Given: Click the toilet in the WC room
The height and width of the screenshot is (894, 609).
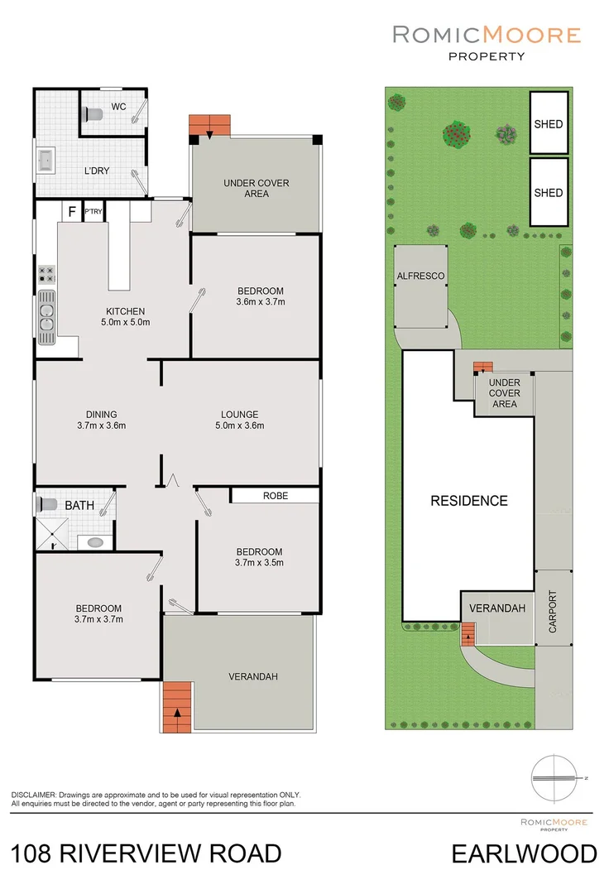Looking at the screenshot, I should [94, 114].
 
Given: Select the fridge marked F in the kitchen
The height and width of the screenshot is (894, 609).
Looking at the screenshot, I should [72, 212].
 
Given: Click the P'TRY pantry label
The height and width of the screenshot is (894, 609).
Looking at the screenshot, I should [92, 212].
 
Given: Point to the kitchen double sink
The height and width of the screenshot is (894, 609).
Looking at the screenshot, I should [46, 318].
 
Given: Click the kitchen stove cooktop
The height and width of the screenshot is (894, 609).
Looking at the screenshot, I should [46, 275].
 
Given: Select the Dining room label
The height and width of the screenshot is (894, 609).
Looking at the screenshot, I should [101, 415].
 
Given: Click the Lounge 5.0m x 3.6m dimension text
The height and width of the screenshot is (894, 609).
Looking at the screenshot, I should [240, 426].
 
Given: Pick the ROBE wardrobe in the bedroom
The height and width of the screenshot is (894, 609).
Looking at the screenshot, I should [275, 495].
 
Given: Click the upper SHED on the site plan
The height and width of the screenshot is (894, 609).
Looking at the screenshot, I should [548, 124].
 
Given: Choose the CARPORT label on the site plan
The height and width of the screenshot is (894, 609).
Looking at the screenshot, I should [554, 612].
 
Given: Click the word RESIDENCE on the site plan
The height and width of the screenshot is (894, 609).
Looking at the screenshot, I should [469, 500].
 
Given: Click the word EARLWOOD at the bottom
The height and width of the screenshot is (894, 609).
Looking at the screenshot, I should [524, 853].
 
